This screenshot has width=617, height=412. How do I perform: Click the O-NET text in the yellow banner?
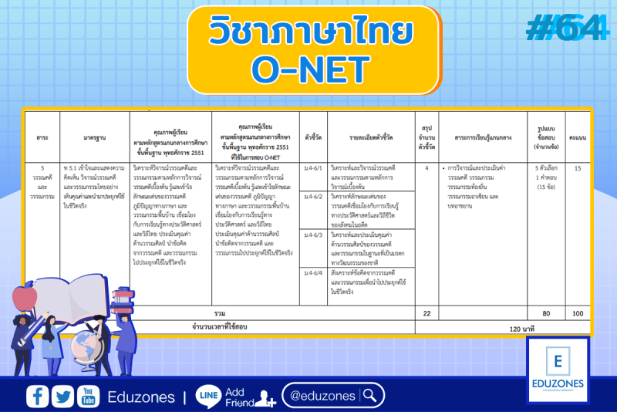311,69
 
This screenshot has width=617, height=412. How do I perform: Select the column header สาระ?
42,137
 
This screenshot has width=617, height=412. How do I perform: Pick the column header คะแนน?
578,137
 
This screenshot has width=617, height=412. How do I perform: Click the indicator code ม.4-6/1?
313,168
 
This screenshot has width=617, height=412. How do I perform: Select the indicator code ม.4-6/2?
313,197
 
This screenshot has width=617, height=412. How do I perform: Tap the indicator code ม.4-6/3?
313,235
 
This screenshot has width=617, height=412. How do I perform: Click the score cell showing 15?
578,168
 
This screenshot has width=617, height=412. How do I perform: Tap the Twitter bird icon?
62,397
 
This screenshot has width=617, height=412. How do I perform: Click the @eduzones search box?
332,396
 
